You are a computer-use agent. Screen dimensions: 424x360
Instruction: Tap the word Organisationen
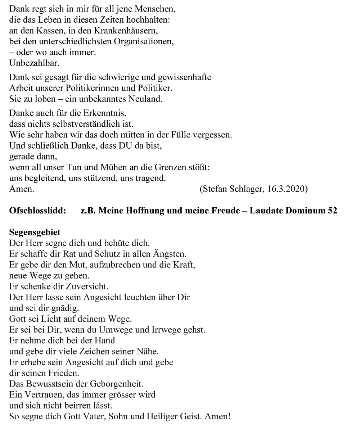coord(144,41)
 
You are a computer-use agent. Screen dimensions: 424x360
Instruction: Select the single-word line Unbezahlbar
coord(34,63)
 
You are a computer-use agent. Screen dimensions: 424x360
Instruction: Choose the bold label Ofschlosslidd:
coord(37,211)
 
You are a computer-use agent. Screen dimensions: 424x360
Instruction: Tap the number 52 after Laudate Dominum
coord(332,211)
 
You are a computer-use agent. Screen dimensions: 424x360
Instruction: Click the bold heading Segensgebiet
coord(35,233)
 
